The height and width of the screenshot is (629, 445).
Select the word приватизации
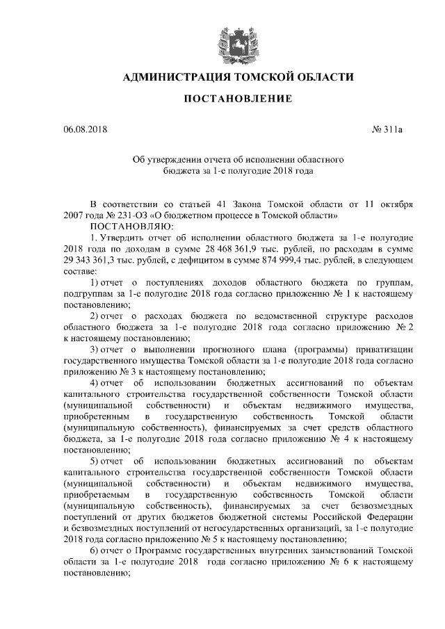(x=388, y=349)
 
